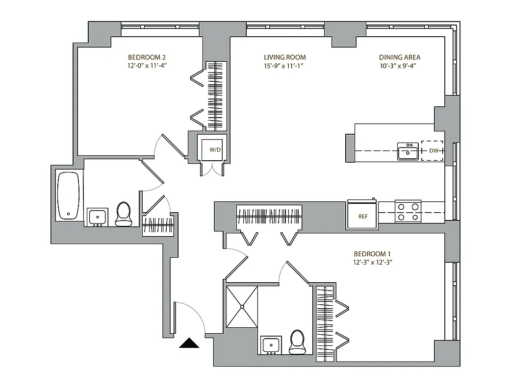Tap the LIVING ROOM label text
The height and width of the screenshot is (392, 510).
[284, 57]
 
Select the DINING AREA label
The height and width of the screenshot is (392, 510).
[400, 57]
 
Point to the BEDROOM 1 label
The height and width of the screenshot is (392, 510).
[372, 254]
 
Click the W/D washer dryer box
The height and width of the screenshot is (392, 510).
[214, 149]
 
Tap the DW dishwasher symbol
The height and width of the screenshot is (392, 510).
[433, 151]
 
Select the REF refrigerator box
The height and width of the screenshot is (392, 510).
[362, 215]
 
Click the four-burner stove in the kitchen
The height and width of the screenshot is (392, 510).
[408, 212]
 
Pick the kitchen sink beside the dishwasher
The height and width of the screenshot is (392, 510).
[408, 152]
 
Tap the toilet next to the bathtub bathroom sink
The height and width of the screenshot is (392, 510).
[124, 215]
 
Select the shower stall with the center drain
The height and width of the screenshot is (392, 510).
[242, 307]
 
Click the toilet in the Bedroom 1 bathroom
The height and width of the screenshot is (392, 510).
[297, 342]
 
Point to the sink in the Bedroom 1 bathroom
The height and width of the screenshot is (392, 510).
[270, 345]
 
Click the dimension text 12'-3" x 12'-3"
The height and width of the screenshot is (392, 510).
[372, 262]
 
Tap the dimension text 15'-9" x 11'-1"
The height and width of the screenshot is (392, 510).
[284, 66]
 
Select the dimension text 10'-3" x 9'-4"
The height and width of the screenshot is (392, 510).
[400, 66]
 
